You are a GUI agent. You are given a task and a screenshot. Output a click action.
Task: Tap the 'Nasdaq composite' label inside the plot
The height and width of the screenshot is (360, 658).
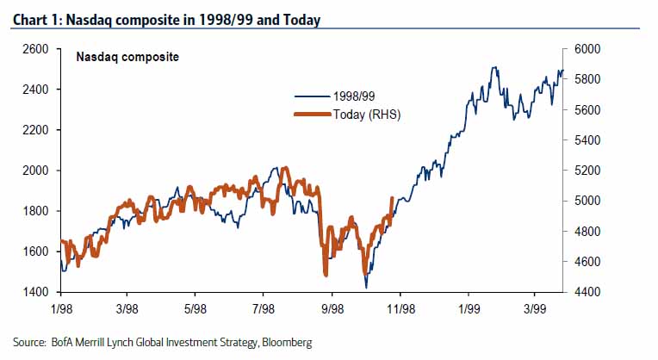[x=127, y=59]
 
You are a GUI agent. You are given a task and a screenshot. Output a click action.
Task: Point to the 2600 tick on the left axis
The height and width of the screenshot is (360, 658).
[x=35, y=49]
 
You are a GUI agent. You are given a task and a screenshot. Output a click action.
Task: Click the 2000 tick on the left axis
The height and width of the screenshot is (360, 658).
[x=35, y=171]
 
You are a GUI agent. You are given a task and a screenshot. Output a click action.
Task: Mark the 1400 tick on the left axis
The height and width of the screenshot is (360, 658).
[x=35, y=292]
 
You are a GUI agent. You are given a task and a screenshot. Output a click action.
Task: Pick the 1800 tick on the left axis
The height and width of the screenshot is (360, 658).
[x=35, y=211]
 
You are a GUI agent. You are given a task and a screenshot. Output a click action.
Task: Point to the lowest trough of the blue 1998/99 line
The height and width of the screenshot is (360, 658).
[x=366, y=288]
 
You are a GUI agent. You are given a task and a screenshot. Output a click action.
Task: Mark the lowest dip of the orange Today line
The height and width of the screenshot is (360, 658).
[x=326, y=275]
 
